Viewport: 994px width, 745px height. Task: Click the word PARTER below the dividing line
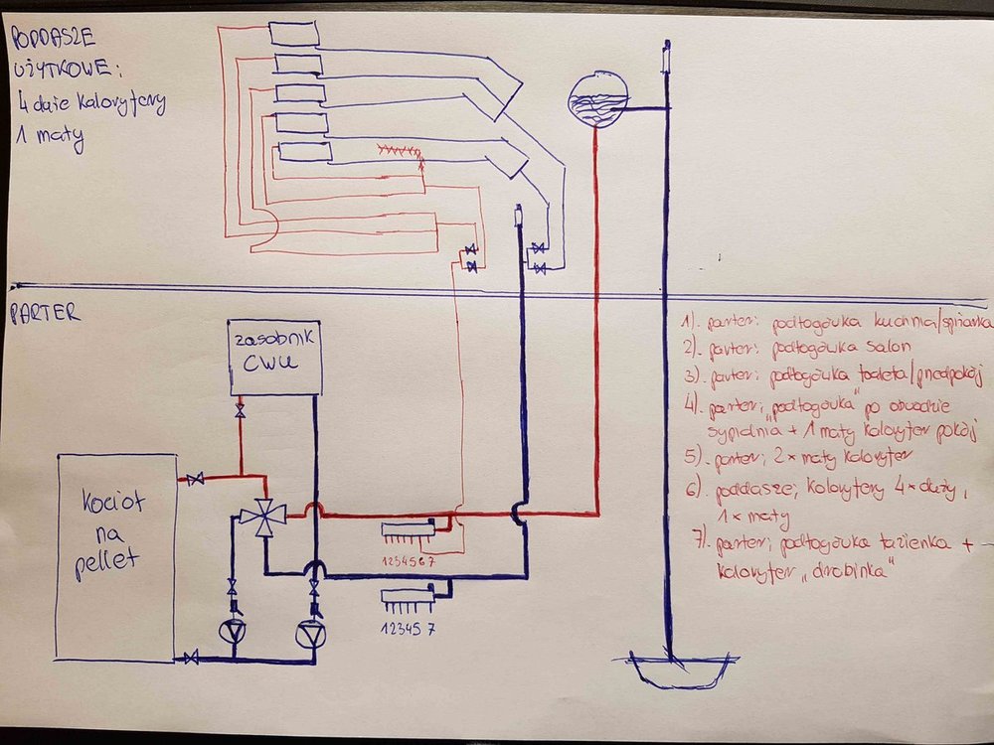coord(46,315)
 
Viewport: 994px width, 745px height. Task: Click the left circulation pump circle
coord(234,632)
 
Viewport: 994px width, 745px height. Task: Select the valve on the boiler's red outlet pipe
coord(197,480)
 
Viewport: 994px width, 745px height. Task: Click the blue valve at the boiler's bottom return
coord(192,658)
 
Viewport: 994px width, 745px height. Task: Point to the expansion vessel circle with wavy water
coord(596,98)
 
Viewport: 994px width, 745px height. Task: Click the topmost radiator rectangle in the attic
coord(295,32)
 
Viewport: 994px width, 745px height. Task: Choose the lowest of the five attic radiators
coord(305,151)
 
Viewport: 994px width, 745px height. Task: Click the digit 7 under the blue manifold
coord(433,627)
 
